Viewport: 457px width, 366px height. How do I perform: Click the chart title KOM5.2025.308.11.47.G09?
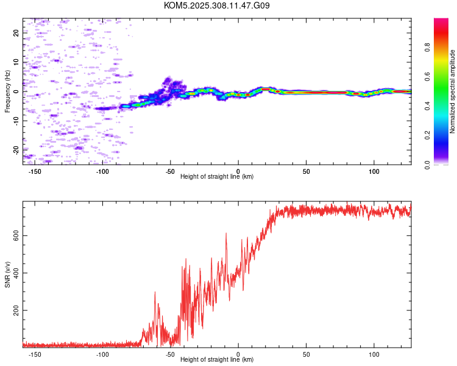[217, 5]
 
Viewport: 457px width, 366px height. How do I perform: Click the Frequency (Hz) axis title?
[7, 91]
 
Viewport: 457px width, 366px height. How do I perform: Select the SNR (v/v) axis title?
[7, 274]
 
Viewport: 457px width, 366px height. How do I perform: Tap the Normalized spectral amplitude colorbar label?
[452, 91]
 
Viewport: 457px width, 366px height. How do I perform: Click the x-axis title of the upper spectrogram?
[217, 176]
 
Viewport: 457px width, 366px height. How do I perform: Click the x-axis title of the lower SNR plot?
[217, 359]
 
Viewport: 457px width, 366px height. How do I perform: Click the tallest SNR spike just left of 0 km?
[226, 234]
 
